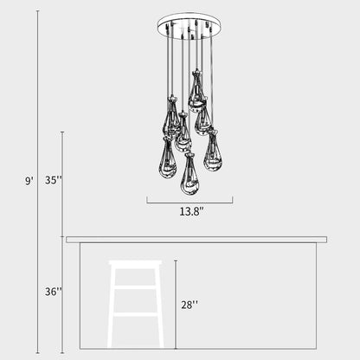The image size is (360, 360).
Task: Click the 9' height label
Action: coord(29,181)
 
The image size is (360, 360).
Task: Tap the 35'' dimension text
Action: coord(53,181)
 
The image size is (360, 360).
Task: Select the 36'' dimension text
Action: coord(53,292)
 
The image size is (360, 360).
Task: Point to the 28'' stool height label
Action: coord(190,304)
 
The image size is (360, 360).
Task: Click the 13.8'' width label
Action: coord(191,210)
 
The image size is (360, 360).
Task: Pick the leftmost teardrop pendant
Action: coord(168,158)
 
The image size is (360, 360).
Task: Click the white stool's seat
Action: coord(135,262)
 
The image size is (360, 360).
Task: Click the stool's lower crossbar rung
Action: coord(135,314)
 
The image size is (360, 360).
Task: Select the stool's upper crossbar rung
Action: coord(135,287)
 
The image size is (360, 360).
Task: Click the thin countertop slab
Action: coord(196,239)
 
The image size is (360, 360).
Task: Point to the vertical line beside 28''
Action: coord(176,303)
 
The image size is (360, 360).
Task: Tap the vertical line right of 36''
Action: coord(63,294)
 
